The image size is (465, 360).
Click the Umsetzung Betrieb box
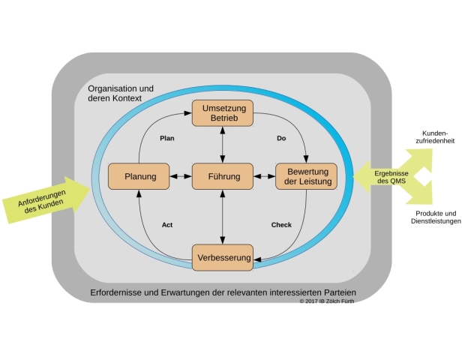tap(222, 113)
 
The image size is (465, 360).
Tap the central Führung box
tap(222, 177)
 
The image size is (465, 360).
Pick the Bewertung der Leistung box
tap(307, 176)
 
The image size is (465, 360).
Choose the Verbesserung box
tap(223, 257)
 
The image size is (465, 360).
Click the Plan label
tap(167, 139)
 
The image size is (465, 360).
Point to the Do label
tap(281, 139)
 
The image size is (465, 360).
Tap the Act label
tap(168, 224)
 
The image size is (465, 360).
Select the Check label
tap(281, 224)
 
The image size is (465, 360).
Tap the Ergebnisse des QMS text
tap(390, 177)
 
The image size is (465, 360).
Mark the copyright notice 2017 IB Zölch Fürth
tap(326, 301)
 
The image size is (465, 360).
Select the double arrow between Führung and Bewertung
tap(264, 177)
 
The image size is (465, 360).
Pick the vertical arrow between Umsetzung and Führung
tap(223, 144)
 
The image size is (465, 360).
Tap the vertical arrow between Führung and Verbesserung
tap(223, 217)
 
